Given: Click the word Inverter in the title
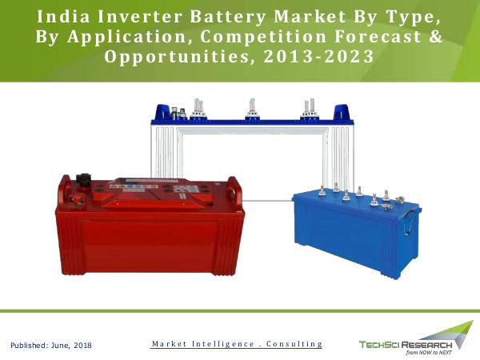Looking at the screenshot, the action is tap(140, 17).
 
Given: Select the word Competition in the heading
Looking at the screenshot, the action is tap(263, 37).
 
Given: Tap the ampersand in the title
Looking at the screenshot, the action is tap(436, 36).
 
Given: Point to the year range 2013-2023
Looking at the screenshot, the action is tap(318, 56).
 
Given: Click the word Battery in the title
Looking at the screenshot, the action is tap(228, 17).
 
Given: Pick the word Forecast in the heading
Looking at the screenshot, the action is tap(378, 37).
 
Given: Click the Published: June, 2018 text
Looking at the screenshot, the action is tap(51, 346).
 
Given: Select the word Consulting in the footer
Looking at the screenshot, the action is tap(294, 344).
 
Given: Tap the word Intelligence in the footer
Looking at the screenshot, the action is tap(223, 344).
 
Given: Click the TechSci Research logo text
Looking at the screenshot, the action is tap(406, 345).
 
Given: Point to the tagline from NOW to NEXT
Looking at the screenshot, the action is tap(429, 353).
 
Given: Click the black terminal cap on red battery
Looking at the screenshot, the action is tap(83, 180).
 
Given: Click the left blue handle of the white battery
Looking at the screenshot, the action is tap(162, 112).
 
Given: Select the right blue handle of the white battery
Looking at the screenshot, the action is tap(342, 112).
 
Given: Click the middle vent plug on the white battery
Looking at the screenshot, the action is tap(252, 110).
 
